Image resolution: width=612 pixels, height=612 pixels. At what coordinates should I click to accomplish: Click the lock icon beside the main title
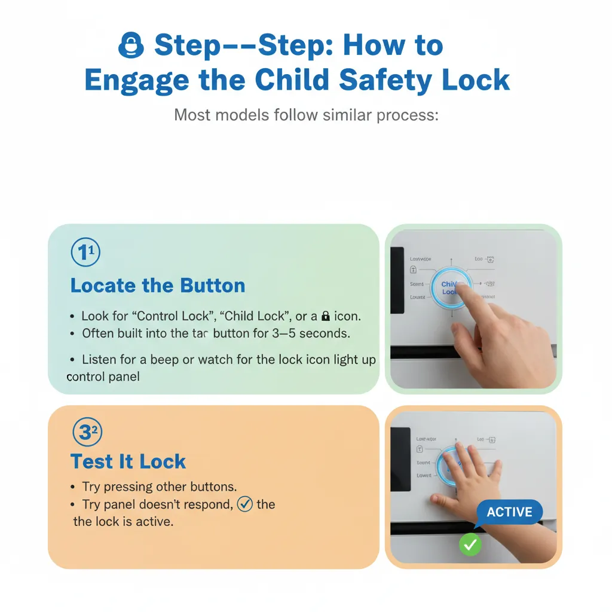131,46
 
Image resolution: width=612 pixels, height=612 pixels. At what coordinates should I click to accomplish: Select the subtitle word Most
192,114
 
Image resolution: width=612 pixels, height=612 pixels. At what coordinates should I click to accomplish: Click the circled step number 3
86,432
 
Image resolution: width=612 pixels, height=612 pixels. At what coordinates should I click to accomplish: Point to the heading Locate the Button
158,285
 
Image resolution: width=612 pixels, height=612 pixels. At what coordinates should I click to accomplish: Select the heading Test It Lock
128,461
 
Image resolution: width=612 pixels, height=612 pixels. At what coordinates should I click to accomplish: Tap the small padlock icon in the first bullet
326,316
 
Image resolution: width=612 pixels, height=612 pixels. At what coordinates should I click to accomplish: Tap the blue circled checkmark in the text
245,504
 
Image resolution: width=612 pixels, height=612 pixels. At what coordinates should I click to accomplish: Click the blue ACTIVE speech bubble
509,512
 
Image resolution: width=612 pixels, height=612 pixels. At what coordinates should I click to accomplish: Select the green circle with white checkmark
470,544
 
